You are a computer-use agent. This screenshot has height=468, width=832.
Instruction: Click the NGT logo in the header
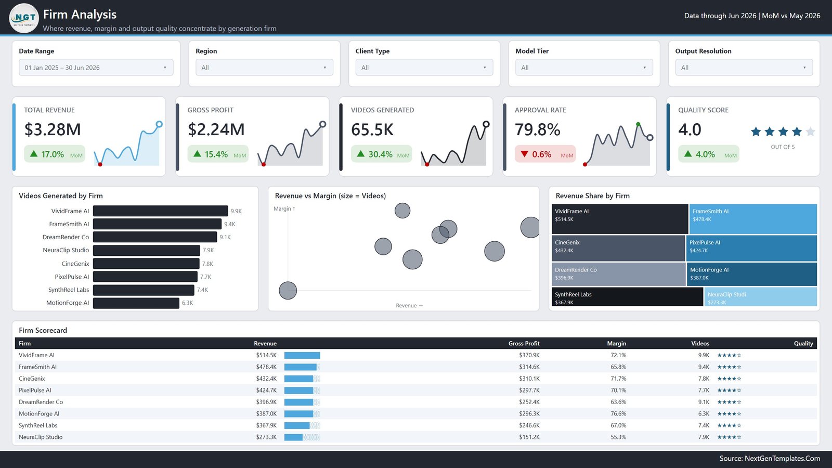tap(24, 18)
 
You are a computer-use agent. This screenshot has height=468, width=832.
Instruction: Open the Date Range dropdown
tap(96, 67)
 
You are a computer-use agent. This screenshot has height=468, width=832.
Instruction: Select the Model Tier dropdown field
tap(584, 67)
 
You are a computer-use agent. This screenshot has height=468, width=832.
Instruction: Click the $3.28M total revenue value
tap(53, 129)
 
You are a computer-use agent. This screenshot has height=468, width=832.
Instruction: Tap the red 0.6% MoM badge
tap(545, 154)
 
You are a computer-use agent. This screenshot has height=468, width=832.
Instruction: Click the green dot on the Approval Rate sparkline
tap(638, 124)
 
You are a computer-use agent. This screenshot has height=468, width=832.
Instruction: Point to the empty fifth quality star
tap(811, 132)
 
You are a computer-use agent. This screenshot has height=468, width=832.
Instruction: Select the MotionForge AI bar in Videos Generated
tap(136, 303)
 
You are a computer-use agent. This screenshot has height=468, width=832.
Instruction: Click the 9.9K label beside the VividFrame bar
tap(236, 211)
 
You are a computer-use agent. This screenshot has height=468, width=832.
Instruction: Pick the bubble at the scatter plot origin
tap(288, 291)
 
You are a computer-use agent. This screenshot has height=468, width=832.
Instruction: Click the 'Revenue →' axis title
tap(409, 305)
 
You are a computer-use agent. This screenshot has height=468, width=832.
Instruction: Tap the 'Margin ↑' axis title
tap(284, 209)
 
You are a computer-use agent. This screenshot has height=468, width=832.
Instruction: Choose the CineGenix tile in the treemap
tap(618, 248)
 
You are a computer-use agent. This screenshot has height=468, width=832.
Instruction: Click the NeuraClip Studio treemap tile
tap(760, 297)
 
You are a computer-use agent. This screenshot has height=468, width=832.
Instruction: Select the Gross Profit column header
tap(524, 343)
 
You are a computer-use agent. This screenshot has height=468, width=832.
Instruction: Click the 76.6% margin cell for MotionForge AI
tap(618, 413)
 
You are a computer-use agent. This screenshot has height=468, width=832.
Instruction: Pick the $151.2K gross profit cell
tap(529, 437)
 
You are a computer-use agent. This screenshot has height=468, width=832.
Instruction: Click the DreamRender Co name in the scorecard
tap(41, 402)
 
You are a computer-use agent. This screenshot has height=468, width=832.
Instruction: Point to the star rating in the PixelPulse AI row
tap(729, 390)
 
